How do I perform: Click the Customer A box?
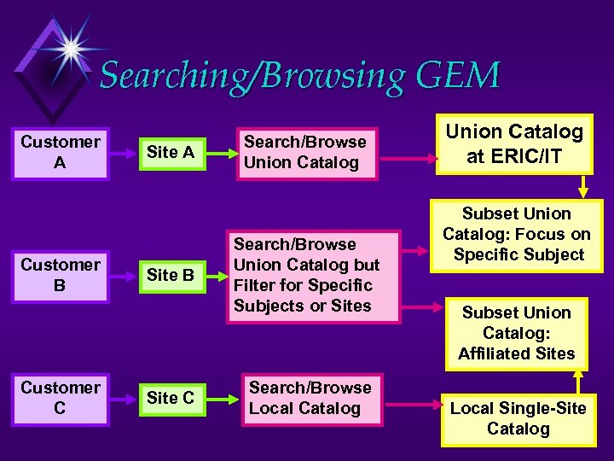coord(60,153)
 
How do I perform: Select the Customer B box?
coord(60,276)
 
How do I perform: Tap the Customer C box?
coord(60,399)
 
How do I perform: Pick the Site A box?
coord(171,153)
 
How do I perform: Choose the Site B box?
coord(171,276)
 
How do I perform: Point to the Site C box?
coord(171,399)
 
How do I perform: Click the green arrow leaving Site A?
coord(220,153)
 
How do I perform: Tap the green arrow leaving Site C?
coord(220,399)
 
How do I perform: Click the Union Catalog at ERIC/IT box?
coord(514,143)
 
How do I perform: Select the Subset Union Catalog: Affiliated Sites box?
coord(517,333)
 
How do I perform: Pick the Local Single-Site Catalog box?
coord(518,418)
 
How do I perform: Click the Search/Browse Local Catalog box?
coord(310,399)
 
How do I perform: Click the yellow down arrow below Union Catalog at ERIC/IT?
coord(584,187)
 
